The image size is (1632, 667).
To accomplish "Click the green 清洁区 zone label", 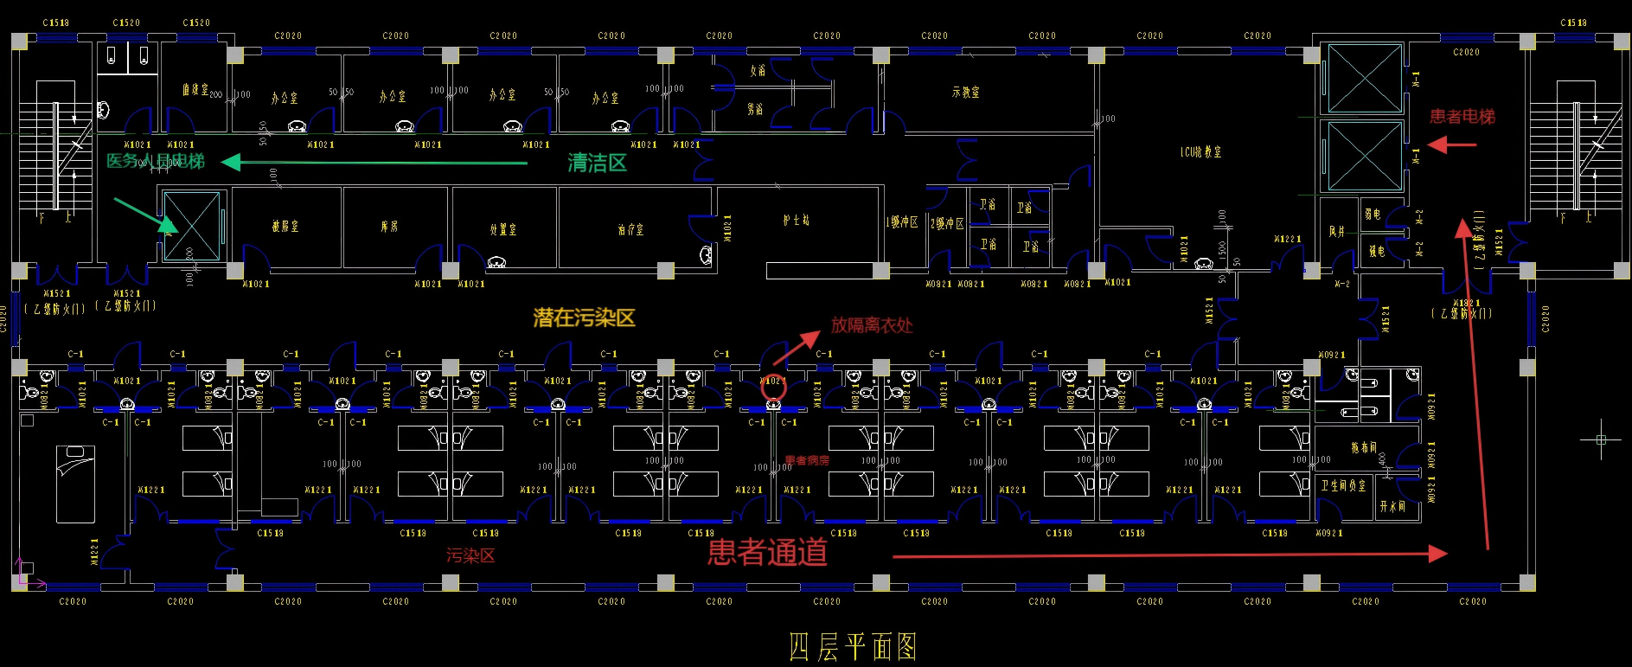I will click(597, 163).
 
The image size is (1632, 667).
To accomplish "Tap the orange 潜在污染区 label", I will click(584, 317).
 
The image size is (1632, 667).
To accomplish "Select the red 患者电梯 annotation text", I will click(1462, 117).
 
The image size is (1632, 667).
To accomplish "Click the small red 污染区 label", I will click(470, 555).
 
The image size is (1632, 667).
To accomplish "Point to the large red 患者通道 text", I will click(767, 552).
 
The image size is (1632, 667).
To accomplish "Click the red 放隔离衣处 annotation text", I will click(872, 325).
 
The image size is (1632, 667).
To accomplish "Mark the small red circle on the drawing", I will click(773, 388).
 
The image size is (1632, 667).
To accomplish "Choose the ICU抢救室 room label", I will click(1201, 152).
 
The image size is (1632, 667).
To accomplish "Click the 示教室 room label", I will click(965, 92).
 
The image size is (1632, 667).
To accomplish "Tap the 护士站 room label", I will click(797, 221).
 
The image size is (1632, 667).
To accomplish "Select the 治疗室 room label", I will click(630, 229).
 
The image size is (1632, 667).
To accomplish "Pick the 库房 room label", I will click(390, 227).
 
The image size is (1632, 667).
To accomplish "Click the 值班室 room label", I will click(195, 89).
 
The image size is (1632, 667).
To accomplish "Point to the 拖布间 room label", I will click(1364, 447).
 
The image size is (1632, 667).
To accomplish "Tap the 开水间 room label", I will click(1392, 507).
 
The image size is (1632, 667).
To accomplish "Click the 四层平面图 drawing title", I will click(852, 646).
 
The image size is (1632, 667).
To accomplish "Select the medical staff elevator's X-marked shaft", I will click(191, 226).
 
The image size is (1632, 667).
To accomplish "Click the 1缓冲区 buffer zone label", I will click(902, 222).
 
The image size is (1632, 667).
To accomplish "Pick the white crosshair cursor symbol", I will click(1601, 439).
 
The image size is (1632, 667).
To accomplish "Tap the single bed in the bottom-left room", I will click(75, 484).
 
